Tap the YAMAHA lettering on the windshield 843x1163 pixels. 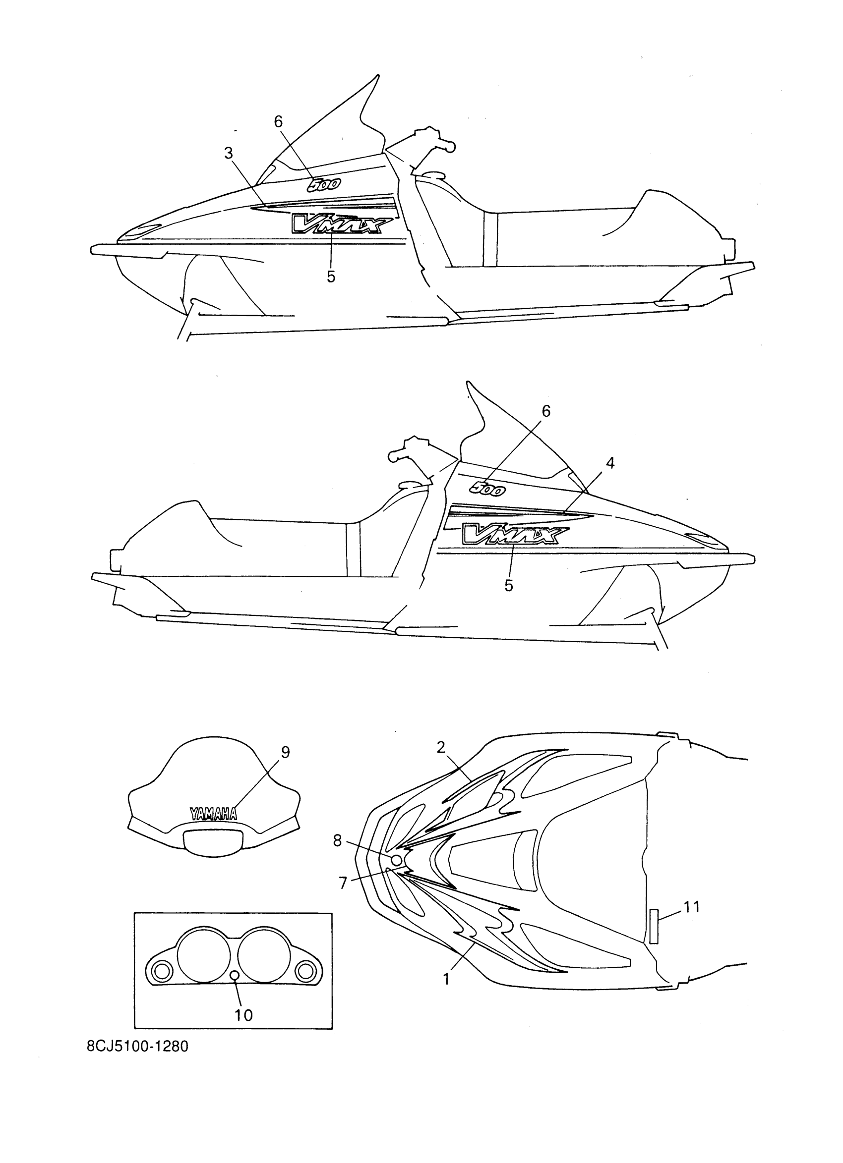[213, 814]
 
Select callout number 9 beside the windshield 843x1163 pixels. [285, 752]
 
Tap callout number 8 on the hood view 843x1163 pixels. [337, 840]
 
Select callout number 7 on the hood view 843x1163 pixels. [343, 883]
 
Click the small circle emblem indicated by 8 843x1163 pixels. [397, 860]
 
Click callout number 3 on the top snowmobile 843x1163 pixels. [228, 153]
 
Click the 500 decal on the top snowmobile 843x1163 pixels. [323, 185]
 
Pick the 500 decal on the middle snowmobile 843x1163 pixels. [488, 488]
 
